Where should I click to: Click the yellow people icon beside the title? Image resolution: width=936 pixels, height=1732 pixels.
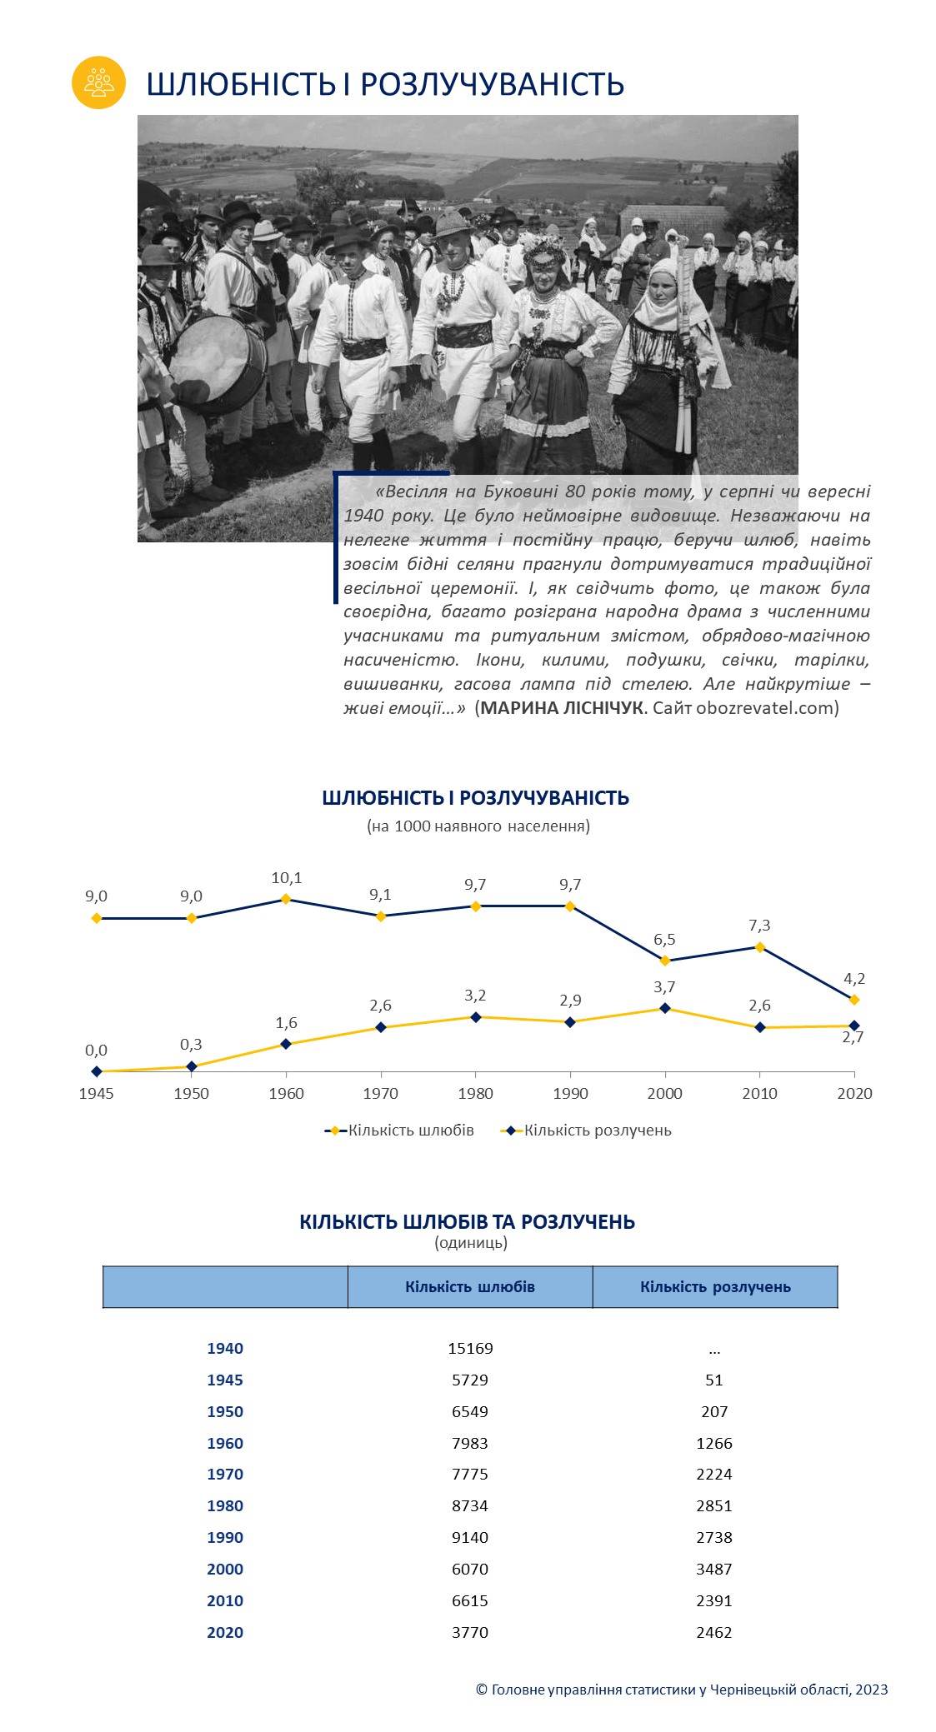point(98,82)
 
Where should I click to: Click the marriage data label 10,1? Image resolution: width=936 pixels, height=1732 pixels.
point(286,877)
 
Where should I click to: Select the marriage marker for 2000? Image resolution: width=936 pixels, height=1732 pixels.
point(665,960)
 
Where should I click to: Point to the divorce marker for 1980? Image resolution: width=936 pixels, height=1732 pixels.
point(476,1017)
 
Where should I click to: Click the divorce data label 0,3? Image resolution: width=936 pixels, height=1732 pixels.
point(191,1044)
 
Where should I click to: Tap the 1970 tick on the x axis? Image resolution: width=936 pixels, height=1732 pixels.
point(381,1093)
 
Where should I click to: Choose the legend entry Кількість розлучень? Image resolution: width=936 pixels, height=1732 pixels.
point(586,1131)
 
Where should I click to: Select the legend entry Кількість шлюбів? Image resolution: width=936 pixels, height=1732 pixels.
point(399,1131)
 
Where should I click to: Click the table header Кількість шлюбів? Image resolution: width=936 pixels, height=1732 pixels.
point(470,1286)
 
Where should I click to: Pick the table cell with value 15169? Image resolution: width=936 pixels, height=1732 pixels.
point(470,1348)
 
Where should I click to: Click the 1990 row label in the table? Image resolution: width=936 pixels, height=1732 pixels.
point(225,1537)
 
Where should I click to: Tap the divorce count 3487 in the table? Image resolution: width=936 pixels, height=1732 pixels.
point(714,1569)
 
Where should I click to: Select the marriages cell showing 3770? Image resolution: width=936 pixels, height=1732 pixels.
point(470,1632)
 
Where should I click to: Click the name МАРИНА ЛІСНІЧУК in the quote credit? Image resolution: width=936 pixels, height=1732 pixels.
point(563,708)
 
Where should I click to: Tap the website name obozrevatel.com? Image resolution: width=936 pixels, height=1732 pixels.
point(765,708)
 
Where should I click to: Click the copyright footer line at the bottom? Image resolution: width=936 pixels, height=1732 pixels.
point(682,1690)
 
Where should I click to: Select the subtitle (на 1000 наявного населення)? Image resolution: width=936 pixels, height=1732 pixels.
point(478,826)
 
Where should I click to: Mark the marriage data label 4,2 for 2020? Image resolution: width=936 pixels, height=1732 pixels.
point(854,978)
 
